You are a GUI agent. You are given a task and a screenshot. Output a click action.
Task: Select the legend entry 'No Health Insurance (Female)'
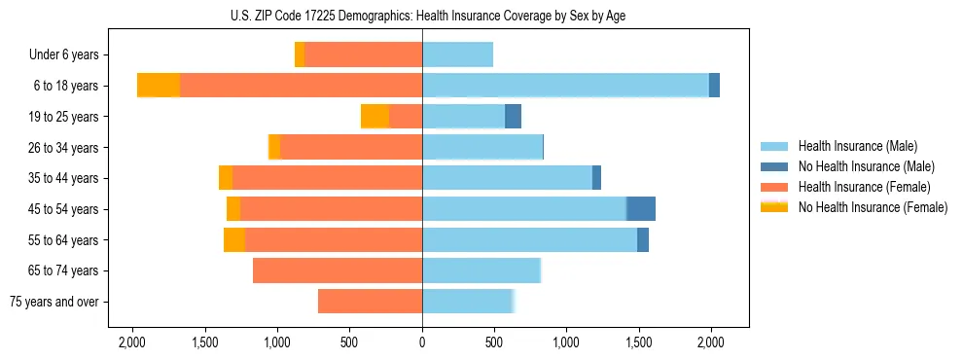[x=872, y=207]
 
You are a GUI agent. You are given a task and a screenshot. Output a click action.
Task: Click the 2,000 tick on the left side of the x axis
[x=132, y=342]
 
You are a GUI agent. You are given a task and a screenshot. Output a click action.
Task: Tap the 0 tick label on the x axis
[x=422, y=342]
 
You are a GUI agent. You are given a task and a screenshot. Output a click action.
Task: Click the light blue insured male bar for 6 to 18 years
[x=565, y=86]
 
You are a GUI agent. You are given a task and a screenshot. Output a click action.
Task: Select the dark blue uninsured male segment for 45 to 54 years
[x=641, y=209]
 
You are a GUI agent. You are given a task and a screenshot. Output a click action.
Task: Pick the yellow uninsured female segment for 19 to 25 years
[x=374, y=117]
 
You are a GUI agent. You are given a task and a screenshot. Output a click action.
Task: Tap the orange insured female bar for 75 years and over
[x=370, y=303]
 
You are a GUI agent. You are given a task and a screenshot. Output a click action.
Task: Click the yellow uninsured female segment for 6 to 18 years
[x=159, y=86]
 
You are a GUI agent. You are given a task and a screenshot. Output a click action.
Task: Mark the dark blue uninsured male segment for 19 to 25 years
[x=513, y=117]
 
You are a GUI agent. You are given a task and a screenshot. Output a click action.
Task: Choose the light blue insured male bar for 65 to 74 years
[x=481, y=270]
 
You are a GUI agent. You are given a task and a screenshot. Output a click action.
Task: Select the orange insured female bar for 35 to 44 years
[x=327, y=178]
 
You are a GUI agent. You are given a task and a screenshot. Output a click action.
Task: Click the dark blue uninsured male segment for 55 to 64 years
[x=643, y=240]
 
